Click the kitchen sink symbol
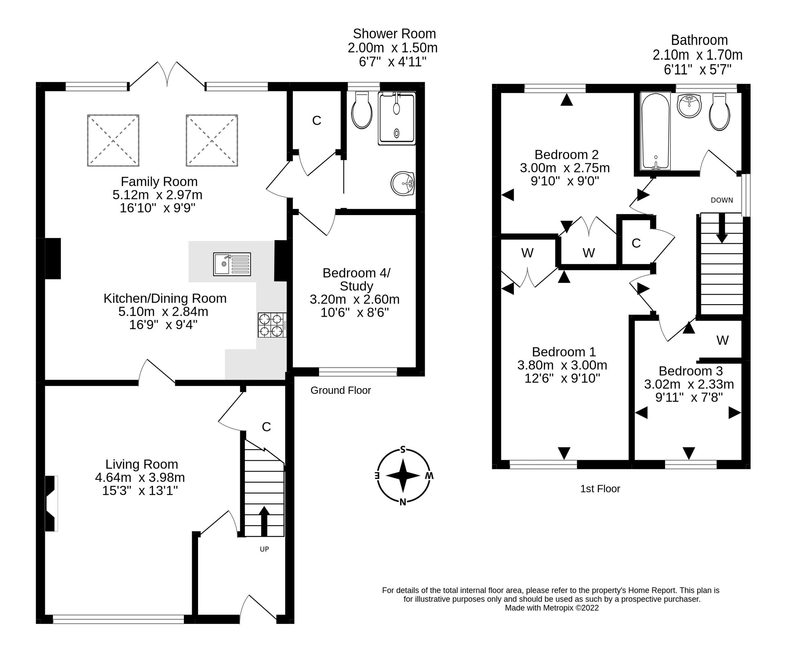[232, 264]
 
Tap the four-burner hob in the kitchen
[272, 325]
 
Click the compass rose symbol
[403, 476]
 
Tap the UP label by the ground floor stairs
[264, 549]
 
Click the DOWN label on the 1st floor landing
[722, 200]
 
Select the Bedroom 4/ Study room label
[356, 279]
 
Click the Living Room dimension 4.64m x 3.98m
[140, 477]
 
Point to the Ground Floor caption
[341, 390]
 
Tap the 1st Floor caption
[600, 489]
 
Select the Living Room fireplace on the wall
[51, 503]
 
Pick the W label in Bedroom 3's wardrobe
[722, 340]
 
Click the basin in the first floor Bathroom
[689, 106]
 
